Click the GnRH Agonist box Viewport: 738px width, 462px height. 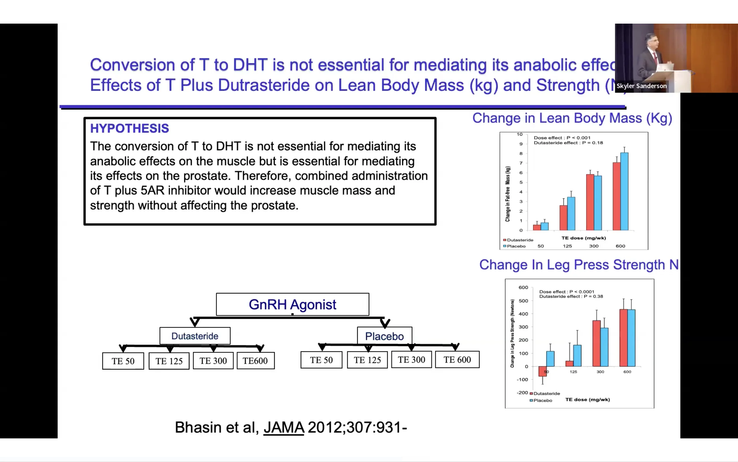(292, 304)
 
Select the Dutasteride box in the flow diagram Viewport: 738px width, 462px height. (195, 336)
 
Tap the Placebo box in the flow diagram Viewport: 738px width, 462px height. (385, 336)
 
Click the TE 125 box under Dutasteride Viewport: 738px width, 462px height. (169, 361)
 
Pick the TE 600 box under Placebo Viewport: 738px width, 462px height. (457, 360)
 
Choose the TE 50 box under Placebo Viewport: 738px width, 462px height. (321, 360)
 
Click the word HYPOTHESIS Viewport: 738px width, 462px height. (129, 128)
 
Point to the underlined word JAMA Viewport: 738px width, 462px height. (284, 427)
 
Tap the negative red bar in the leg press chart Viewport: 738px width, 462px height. (542, 371)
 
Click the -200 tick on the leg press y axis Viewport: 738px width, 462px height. (522, 393)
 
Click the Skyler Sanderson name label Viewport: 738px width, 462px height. (641, 86)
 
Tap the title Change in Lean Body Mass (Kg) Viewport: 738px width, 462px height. (572, 118)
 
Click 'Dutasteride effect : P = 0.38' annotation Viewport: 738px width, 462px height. (571, 296)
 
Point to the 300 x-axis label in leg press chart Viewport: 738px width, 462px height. (600, 372)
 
